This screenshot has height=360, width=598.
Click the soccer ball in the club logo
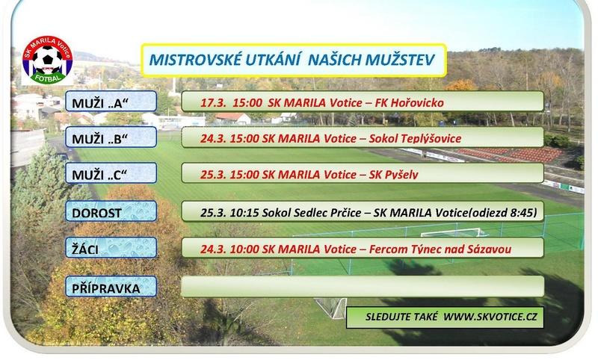pos(47,60)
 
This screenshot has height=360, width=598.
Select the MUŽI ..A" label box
pos(111,102)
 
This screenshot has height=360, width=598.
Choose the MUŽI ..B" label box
pos(111,137)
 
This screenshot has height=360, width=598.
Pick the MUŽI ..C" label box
pos(111,173)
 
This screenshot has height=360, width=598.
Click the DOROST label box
pos(111,211)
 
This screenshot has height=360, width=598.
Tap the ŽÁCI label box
pos(111,248)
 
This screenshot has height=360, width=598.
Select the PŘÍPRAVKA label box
pos(111,287)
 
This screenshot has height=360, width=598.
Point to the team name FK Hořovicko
pos(409,103)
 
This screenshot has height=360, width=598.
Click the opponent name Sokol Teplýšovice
pos(415,139)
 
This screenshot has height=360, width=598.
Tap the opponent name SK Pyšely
pos(394,175)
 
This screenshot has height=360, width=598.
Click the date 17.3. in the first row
pos(213,103)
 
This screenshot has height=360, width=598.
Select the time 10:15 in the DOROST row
pos(244,213)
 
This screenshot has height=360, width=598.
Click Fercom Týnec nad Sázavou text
pos(440,249)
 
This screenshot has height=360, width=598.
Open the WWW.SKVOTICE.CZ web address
pos(490,317)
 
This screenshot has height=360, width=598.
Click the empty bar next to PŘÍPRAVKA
pos(363,287)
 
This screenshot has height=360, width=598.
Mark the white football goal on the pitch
pos(454,232)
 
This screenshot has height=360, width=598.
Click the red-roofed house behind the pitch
pos(232,119)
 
